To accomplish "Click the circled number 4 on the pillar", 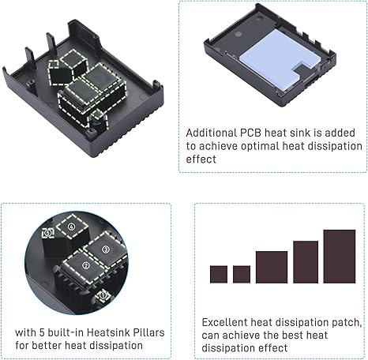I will click(x=73, y=227).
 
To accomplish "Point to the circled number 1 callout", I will click(x=103, y=294).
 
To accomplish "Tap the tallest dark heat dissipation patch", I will click(x=339, y=256).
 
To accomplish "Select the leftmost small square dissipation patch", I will click(x=218, y=274).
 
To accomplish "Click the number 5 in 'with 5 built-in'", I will click(x=49, y=332).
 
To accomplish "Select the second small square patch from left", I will click(x=242, y=273).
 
